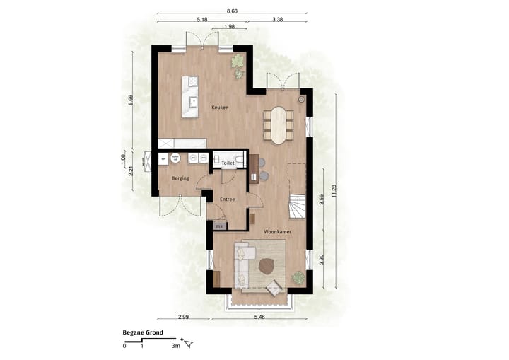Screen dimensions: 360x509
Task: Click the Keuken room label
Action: (x=220, y=107)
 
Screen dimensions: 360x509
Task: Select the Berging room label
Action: (x=180, y=178)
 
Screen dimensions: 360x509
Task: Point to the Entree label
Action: (x=227, y=199)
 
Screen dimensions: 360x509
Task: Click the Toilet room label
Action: (x=228, y=163)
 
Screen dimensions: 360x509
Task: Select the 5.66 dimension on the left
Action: (x=131, y=99)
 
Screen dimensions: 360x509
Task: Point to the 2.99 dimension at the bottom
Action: (x=182, y=316)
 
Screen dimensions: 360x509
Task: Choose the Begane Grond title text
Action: (x=144, y=332)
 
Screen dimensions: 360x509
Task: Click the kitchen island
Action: (x=189, y=96)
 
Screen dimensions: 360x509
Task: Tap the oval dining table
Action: (x=279, y=125)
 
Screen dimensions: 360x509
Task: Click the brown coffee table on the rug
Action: (x=267, y=266)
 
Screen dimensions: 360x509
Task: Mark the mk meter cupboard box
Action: (x=218, y=226)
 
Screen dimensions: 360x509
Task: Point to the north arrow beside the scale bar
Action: (x=188, y=344)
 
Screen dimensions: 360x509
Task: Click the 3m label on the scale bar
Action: (x=176, y=346)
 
